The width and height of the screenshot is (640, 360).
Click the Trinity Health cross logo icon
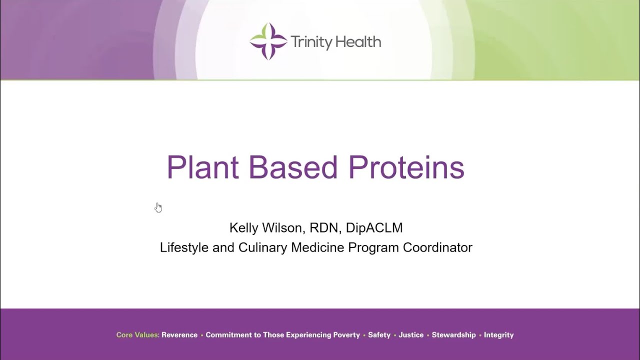click(268, 41)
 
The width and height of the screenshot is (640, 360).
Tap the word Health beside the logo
click(358, 42)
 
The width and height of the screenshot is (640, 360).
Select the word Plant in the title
click(202, 167)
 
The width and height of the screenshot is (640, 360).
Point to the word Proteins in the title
click(406, 167)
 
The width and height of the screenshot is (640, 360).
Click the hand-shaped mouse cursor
click(158, 207)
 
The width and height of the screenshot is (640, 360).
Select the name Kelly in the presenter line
click(244, 228)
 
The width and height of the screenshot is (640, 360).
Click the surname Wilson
click(284, 228)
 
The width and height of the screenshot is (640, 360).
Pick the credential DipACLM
click(374, 228)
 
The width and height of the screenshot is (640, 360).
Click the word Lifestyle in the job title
click(184, 247)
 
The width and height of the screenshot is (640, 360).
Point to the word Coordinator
click(437, 247)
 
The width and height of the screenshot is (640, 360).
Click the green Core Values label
click(137, 335)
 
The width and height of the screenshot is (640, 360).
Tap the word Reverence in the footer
click(179, 335)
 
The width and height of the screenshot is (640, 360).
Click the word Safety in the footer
click(379, 335)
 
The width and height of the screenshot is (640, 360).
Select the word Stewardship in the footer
click(453, 335)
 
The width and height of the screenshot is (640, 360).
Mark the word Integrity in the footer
click(498, 335)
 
